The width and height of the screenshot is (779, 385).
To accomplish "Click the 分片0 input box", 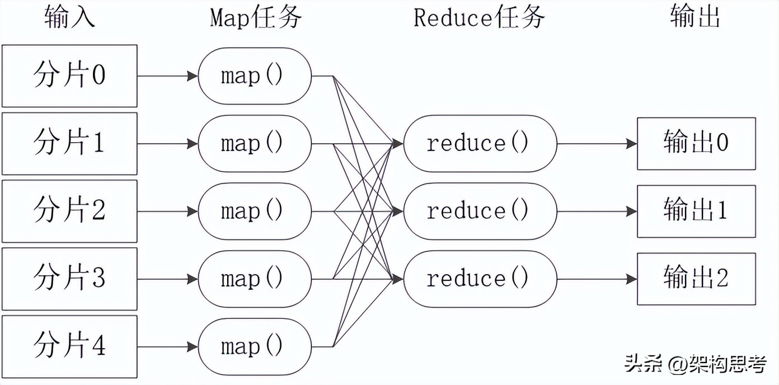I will click(x=69, y=76).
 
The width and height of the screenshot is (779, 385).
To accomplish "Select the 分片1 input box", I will click(x=69, y=144).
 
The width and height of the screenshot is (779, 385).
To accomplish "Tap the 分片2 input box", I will click(x=69, y=212).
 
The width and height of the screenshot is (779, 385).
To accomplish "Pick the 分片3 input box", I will click(x=69, y=279).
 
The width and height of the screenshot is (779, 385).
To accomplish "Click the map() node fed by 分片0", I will click(x=255, y=76).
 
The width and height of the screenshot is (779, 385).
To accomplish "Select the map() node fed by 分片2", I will click(x=255, y=212).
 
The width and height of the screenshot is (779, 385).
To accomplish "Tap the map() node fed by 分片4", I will click(x=255, y=346).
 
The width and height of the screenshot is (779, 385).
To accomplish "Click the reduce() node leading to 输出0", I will click(x=480, y=144).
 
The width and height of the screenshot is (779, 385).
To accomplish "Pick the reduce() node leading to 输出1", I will click(x=480, y=212).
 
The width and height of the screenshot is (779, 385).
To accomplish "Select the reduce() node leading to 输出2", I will click(x=480, y=279).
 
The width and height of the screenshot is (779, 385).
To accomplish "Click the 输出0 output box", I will click(x=696, y=144).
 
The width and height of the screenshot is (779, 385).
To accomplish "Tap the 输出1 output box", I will click(x=696, y=212).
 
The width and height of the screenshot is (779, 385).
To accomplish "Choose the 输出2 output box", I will click(x=696, y=279).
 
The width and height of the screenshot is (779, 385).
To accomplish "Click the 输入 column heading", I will click(x=69, y=18).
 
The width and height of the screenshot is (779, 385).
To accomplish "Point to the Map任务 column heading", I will click(x=256, y=18).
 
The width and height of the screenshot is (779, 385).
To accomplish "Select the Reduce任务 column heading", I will click(x=479, y=18).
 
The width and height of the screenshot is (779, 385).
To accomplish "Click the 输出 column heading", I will click(x=695, y=18).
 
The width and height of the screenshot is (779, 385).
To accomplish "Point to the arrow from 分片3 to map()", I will click(x=167, y=279).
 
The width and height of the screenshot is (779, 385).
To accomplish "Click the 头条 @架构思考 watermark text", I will click(x=696, y=364).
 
